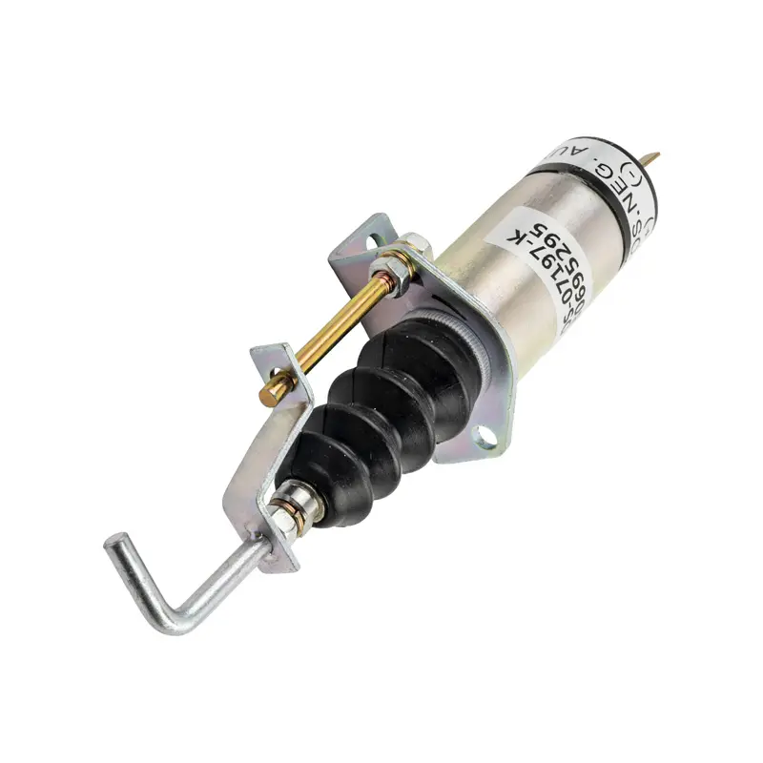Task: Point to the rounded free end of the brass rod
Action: click(x=271, y=391)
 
